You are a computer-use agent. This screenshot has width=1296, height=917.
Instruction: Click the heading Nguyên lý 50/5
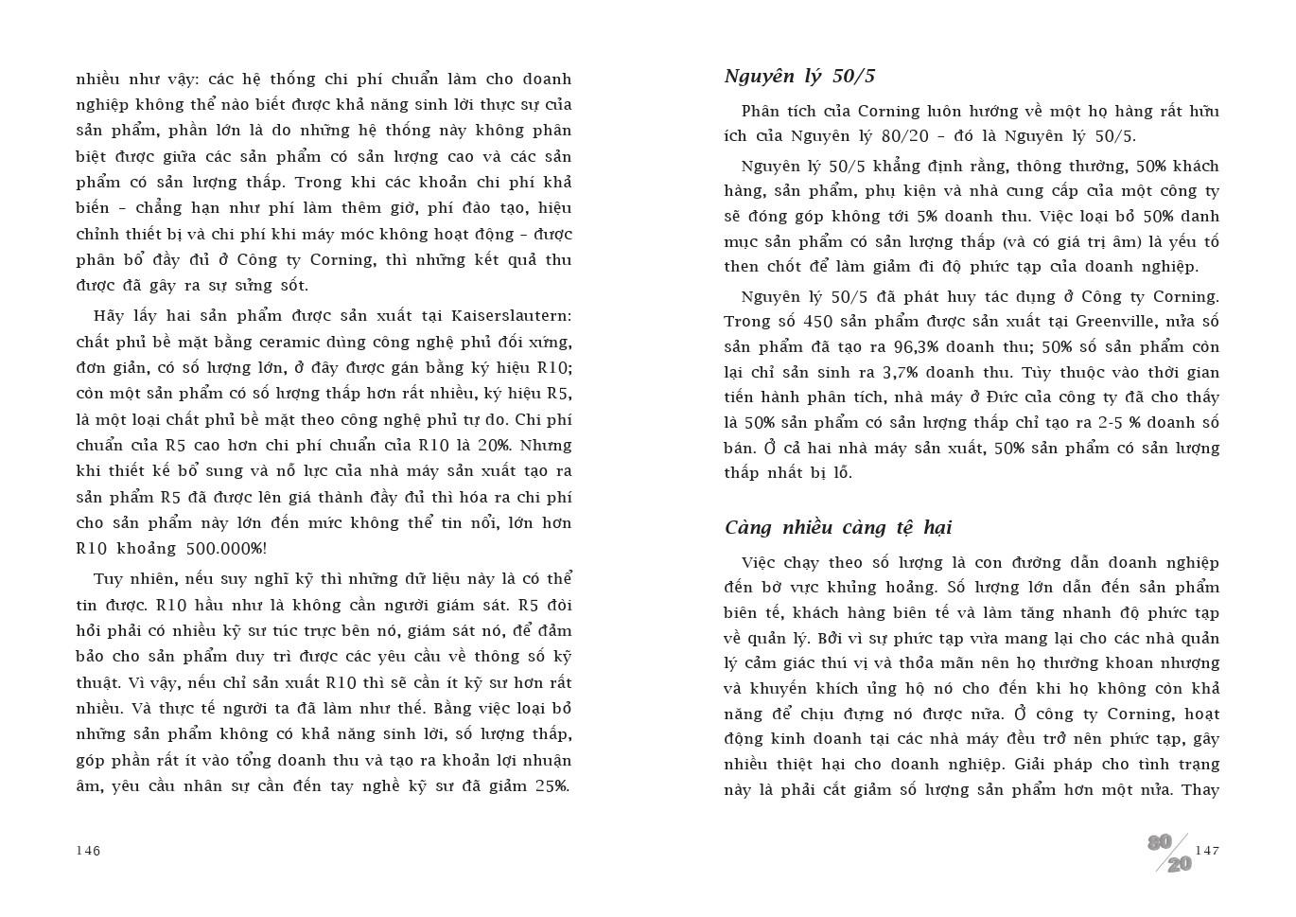pyautogui.click(x=799, y=77)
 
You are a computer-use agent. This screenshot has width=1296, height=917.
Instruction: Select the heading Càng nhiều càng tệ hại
pyautogui.click(x=837, y=528)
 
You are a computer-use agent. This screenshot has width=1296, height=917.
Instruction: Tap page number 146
pyautogui.click(x=88, y=850)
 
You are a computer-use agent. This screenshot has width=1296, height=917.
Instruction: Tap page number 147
pyautogui.click(x=1207, y=850)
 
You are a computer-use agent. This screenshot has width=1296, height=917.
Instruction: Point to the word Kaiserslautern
pyautogui.click(x=511, y=316)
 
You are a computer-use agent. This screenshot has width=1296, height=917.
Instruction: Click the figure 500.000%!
pyautogui.click(x=226, y=549)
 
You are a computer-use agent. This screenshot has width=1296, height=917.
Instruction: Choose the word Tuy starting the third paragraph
pyautogui.click(x=109, y=579)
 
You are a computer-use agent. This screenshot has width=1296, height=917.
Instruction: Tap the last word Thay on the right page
pyautogui.click(x=1200, y=790)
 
